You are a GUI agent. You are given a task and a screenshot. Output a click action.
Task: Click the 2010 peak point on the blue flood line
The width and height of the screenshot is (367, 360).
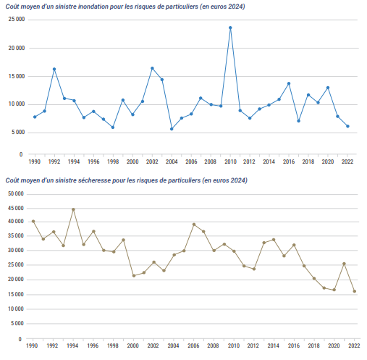pos(230,28)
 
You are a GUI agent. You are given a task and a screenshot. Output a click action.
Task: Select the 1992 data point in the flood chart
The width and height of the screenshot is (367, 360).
pos(54,69)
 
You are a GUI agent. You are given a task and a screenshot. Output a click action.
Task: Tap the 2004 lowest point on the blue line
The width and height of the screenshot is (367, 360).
pos(172,129)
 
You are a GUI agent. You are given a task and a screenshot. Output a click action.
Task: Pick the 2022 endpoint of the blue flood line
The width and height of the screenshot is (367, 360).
pos(347,126)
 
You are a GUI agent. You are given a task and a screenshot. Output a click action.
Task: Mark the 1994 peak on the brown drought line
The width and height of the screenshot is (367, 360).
pos(73,209)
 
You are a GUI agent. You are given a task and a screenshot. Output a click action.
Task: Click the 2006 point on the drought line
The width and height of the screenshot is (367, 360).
pos(194,225)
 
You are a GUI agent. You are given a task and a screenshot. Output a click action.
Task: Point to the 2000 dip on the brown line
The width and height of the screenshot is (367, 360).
pos(134,275)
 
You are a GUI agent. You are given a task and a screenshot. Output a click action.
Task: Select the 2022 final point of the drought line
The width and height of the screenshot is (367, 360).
pos(355,291)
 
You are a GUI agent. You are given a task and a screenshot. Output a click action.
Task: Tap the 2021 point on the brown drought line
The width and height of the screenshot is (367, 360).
pos(344,264)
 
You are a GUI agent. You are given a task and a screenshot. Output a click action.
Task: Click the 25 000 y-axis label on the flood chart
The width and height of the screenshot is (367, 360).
pos(17,20)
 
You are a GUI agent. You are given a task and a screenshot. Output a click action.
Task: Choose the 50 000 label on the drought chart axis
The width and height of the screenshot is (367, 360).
pos(16,193)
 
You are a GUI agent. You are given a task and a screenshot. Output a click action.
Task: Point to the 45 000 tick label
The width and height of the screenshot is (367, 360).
pos(16,208)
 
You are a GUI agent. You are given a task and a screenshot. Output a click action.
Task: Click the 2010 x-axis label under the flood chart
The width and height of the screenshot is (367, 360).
pos(230,162)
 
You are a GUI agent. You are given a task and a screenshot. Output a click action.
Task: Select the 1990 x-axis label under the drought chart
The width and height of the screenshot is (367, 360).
pos(32,346)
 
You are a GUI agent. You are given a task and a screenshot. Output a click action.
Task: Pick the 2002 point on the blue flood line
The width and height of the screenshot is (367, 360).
pos(152,68)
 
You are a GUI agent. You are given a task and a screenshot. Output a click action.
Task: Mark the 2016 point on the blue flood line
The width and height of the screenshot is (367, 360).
pos(289,83)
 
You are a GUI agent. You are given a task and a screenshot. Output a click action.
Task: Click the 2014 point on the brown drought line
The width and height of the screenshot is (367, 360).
pos(274,240)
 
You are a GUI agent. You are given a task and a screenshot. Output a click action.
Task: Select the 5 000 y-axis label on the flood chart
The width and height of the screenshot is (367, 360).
pos(18,133)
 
